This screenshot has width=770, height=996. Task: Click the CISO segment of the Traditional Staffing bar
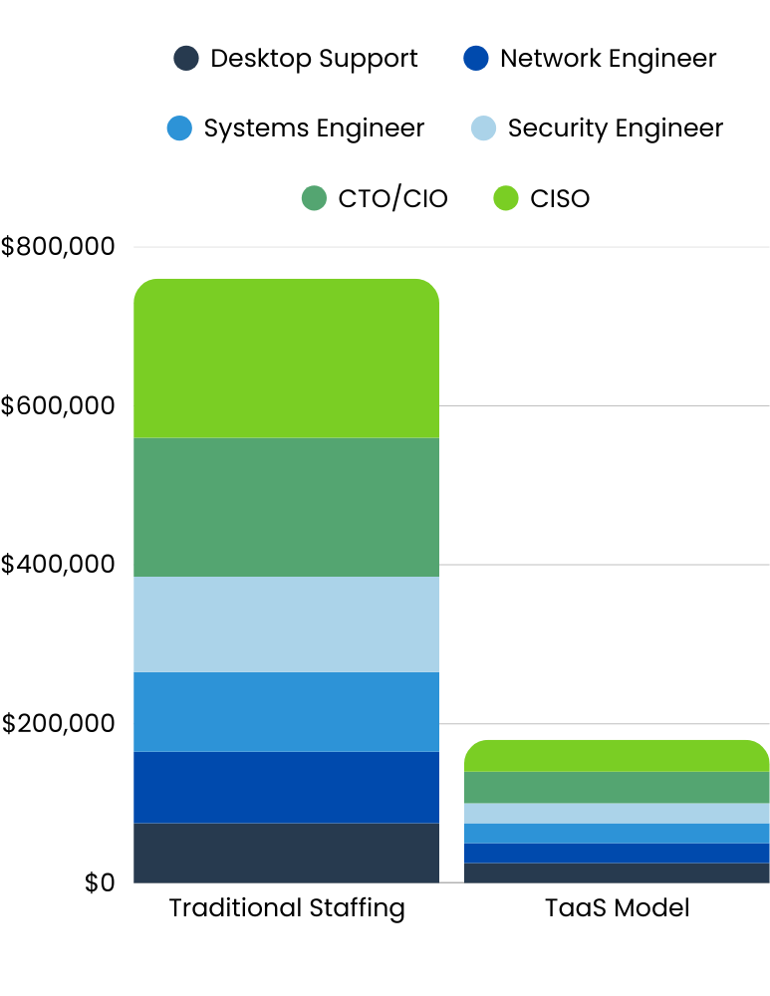286,359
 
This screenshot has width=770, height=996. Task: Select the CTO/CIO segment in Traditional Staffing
286,507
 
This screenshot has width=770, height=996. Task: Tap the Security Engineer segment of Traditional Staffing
286,624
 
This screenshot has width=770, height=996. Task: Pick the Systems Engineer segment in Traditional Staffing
286,711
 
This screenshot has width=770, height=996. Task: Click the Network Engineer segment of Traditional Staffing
286,787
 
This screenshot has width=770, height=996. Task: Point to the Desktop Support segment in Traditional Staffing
286,853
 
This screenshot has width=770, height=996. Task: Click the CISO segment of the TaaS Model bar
617,756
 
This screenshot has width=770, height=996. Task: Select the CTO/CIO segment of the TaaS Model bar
617,787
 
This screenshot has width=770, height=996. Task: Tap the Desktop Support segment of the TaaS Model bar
617,872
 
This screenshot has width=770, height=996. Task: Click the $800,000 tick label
59,247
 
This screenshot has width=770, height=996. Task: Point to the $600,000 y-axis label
59,406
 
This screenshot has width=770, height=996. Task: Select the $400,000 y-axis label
59,565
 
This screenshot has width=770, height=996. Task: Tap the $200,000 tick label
59,724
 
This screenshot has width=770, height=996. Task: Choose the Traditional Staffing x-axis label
287,908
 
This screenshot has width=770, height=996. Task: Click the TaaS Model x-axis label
617,908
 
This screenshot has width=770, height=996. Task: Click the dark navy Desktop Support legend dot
185,59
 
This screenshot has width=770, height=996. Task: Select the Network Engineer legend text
608,59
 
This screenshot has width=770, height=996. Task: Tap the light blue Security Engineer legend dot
482,128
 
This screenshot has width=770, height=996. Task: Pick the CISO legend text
560,199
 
